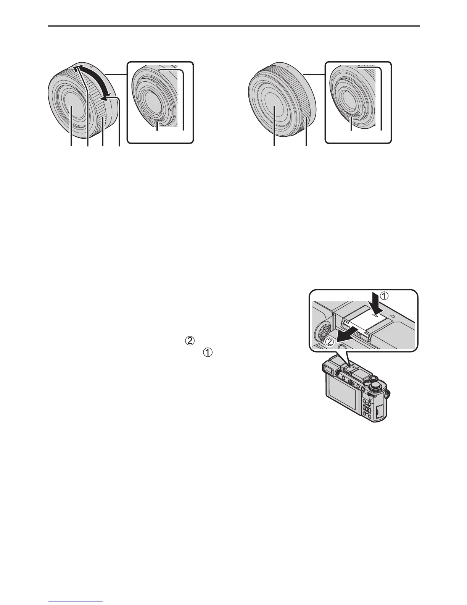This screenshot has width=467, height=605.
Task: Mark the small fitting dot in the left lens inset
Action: click(x=161, y=70)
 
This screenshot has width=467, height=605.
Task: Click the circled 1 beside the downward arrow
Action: click(x=395, y=296)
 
